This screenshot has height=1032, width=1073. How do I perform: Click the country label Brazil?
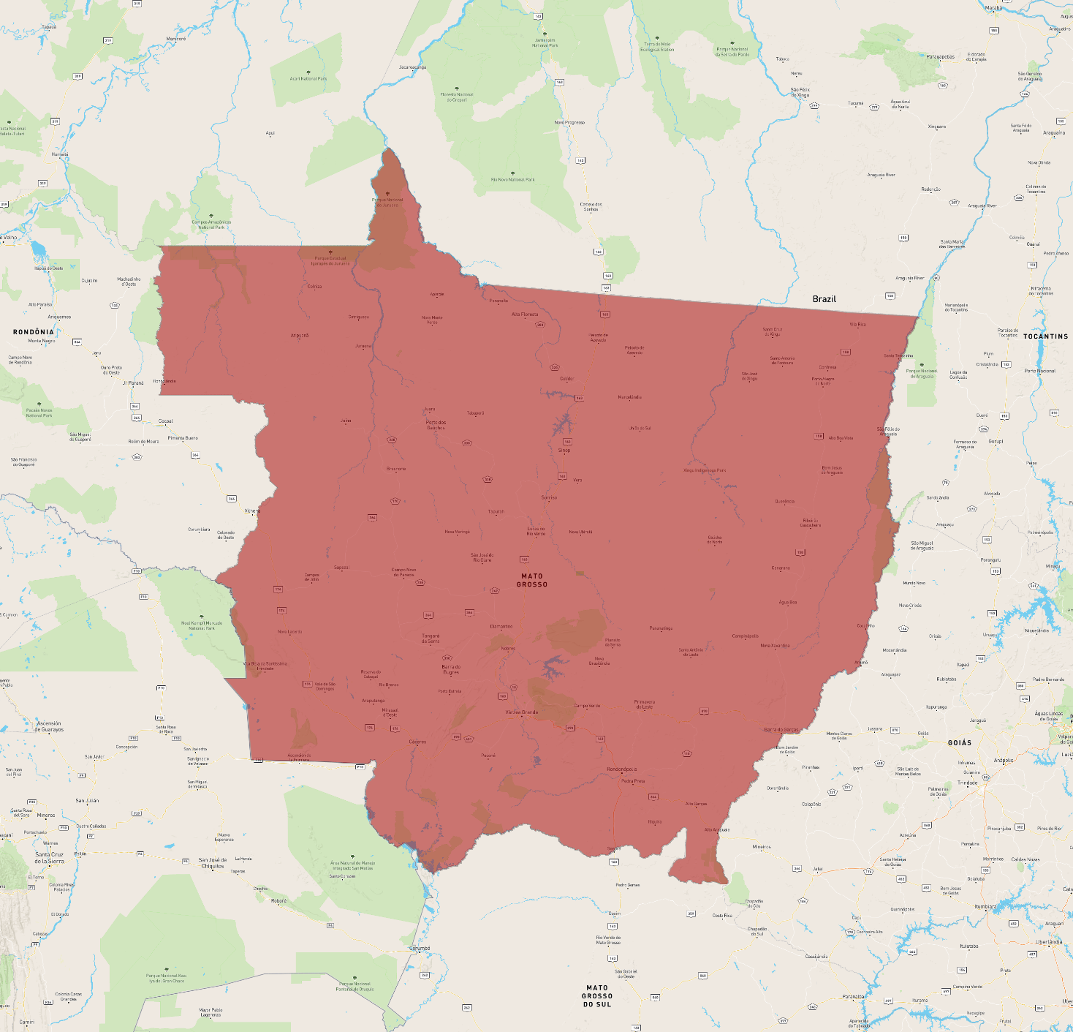pos(824,299)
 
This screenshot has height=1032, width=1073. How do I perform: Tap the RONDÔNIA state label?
pos(34,332)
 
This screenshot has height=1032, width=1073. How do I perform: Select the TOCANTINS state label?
pos(1045,336)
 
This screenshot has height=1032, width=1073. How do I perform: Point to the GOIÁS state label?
pos(960,742)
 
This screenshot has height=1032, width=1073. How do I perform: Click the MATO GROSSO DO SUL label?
pos(597,996)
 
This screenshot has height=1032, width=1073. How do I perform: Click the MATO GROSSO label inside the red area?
pos(532,580)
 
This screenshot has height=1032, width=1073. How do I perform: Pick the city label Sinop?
pos(564,451)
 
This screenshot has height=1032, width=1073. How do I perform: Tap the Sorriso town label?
pos(549,497)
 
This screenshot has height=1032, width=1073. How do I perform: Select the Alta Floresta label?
pos(525,315)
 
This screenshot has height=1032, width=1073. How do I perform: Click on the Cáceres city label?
pos(417,742)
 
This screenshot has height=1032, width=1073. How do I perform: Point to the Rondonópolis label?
pos(621,769)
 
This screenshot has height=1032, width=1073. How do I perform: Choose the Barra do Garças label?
pos(781,729)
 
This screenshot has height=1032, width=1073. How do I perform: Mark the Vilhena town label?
pos(252,511)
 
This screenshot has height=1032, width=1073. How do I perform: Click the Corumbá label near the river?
pos(420,948)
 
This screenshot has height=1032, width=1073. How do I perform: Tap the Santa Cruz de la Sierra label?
pos(50,858)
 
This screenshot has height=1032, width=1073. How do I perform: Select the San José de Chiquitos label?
pos(213,863)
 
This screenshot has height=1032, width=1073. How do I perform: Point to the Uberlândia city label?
pos(1049,942)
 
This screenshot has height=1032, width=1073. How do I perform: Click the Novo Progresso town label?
pos(569,122)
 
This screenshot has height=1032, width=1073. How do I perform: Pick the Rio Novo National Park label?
pos(512,179)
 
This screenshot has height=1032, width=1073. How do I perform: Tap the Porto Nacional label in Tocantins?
pos(1040,371)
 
